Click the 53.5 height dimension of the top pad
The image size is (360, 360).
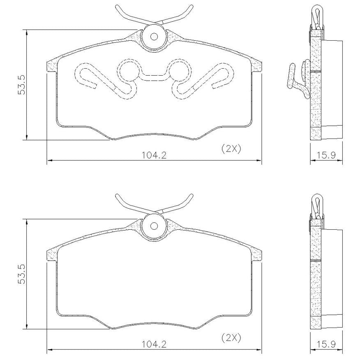[x=21, y=84]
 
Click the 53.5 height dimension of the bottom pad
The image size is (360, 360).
[x=21, y=274]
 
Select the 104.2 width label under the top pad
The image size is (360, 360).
[x=154, y=155]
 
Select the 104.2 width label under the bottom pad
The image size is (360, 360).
[x=154, y=344]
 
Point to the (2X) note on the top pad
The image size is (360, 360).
[x=231, y=149]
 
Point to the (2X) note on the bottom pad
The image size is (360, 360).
[x=231, y=338]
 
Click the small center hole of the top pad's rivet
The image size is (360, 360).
[x=154, y=37]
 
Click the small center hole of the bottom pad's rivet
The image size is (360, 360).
[x=154, y=226]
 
